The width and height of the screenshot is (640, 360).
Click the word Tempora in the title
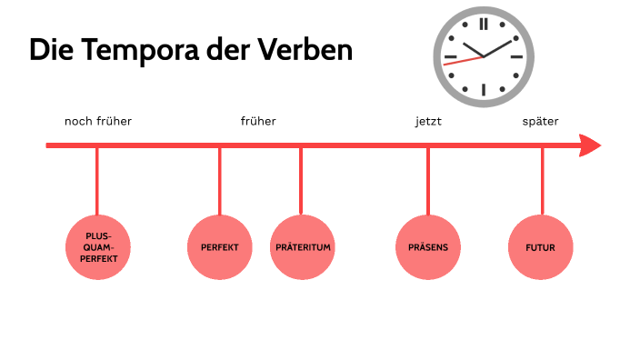(x=142, y=50)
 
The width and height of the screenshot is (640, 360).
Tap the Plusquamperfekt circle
(x=97, y=246)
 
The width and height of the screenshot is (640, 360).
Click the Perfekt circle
(x=219, y=246)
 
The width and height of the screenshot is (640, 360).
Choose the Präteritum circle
(x=303, y=246)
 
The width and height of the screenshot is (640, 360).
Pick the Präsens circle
(x=427, y=246)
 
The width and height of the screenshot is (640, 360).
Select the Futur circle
(x=540, y=246)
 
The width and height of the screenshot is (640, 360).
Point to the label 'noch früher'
(x=97, y=121)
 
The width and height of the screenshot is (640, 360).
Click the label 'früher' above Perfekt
(x=258, y=121)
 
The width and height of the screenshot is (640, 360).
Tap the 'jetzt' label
(x=428, y=121)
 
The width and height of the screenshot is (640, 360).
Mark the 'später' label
(x=540, y=121)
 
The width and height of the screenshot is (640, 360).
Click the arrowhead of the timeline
(x=590, y=145)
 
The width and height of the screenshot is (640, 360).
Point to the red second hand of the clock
(x=462, y=60)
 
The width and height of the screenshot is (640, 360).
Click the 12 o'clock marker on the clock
(x=484, y=25)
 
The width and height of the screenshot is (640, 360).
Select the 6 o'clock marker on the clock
(x=484, y=89)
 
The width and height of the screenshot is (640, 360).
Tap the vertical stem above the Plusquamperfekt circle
(x=96, y=182)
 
